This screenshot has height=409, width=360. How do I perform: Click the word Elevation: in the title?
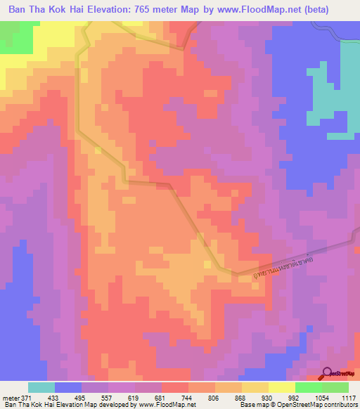(x=106, y=9)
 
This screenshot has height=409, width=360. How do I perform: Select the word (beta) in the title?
(x=333, y=9)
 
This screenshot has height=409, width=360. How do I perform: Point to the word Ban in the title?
(x=20, y=9)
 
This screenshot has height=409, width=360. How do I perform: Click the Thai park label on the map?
(x=273, y=263)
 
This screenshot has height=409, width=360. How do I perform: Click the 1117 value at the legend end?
(x=349, y=397)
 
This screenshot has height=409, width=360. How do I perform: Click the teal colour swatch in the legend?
(x=41, y=387)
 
